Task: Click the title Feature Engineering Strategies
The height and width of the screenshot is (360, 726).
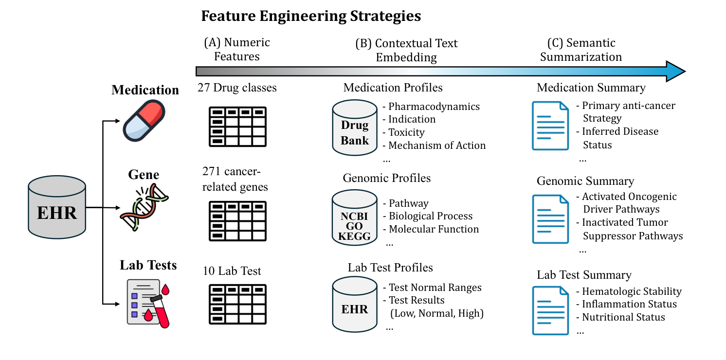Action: point(311,16)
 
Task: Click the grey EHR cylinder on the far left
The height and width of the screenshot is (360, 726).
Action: point(57,208)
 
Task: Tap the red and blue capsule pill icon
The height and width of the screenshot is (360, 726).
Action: point(143,121)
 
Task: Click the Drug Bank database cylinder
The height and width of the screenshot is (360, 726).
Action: point(355,127)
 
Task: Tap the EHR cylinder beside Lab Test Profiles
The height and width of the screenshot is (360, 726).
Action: point(355,304)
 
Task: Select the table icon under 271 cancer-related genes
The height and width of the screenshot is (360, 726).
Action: point(238,221)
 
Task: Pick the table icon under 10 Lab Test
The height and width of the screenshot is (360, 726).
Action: point(238,304)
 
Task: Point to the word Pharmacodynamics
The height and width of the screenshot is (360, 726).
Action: point(434,107)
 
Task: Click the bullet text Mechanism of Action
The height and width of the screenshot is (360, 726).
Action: point(437,145)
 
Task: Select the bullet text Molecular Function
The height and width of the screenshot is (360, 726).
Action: point(434,229)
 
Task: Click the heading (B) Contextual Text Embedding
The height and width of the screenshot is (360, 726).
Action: point(406,50)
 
